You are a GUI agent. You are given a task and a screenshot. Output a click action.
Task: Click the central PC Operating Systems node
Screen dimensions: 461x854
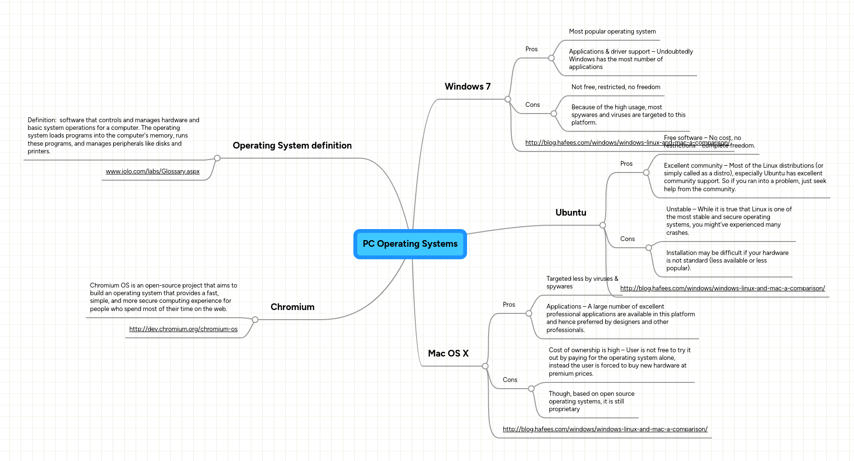click(410, 244)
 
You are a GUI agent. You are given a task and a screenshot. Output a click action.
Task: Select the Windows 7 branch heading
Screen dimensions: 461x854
click(468, 87)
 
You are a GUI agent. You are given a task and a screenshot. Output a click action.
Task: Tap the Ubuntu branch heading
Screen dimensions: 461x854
click(571, 213)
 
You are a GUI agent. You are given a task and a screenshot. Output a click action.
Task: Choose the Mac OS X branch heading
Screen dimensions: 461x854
click(448, 354)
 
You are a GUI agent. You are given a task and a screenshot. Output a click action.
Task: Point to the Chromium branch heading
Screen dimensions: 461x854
click(292, 307)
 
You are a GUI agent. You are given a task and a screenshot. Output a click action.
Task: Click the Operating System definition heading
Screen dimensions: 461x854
click(292, 146)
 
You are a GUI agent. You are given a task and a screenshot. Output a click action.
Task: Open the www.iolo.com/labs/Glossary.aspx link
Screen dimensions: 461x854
click(152, 172)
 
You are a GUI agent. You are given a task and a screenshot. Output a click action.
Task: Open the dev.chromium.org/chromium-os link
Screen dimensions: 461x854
click(183, 329)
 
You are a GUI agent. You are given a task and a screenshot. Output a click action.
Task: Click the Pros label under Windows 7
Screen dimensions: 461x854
click(531, 49)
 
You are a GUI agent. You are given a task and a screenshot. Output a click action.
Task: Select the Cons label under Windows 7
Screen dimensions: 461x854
click(532, 105)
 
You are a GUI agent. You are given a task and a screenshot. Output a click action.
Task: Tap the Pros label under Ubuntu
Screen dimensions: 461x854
click(626, 164)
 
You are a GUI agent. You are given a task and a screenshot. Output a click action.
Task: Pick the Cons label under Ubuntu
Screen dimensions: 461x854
click(627, 239)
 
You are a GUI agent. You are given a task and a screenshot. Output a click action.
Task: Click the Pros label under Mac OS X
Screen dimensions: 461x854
click(509, 305)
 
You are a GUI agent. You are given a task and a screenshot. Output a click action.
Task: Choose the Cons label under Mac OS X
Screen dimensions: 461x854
click(510, 380)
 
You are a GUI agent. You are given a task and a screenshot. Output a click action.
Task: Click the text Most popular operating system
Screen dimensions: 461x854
click(612, 32)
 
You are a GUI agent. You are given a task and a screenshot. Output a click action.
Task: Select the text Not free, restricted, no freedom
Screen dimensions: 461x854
click(616, 87)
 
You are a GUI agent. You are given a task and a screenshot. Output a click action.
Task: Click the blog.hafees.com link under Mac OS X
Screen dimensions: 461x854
click(605, 429)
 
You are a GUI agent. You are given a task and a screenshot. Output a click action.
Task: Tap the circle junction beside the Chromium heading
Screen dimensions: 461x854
click(255, 320)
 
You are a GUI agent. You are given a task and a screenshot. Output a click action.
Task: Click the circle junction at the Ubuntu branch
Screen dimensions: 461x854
click(603, 225)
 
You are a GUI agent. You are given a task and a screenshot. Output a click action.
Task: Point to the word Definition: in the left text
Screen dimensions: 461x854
click(42, 120)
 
